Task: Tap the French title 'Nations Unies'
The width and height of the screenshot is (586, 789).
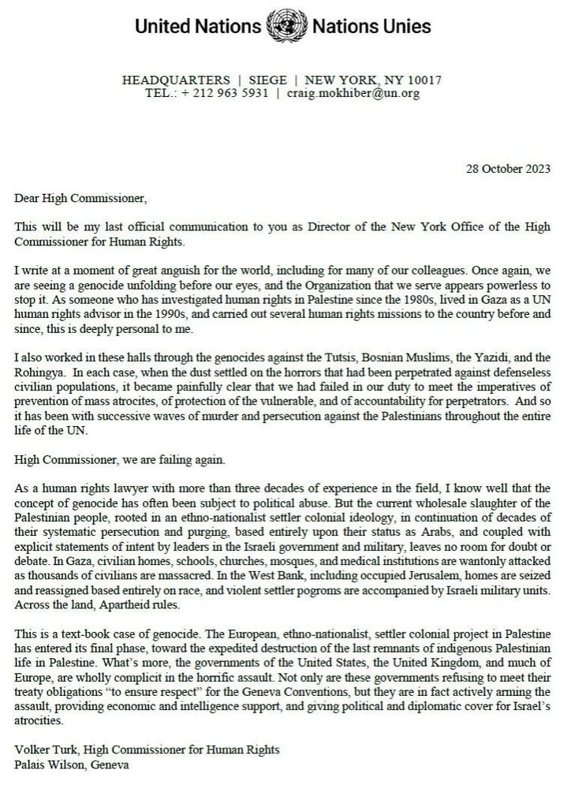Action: (x=371, y=27)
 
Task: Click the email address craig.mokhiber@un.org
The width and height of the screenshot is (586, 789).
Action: (x=353, y=93)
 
